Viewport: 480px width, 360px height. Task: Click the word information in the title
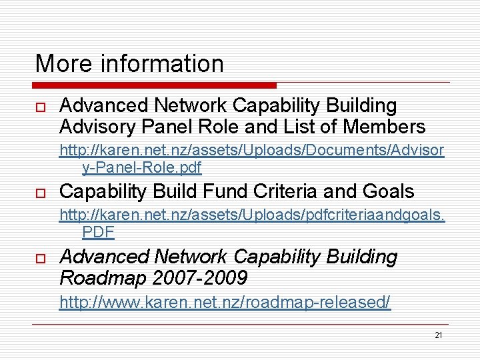(162, 64)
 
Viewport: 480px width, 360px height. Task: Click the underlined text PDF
(98, 232)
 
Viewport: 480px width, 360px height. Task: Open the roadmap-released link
(225, 302)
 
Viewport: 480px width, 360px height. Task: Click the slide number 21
(438, 335)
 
